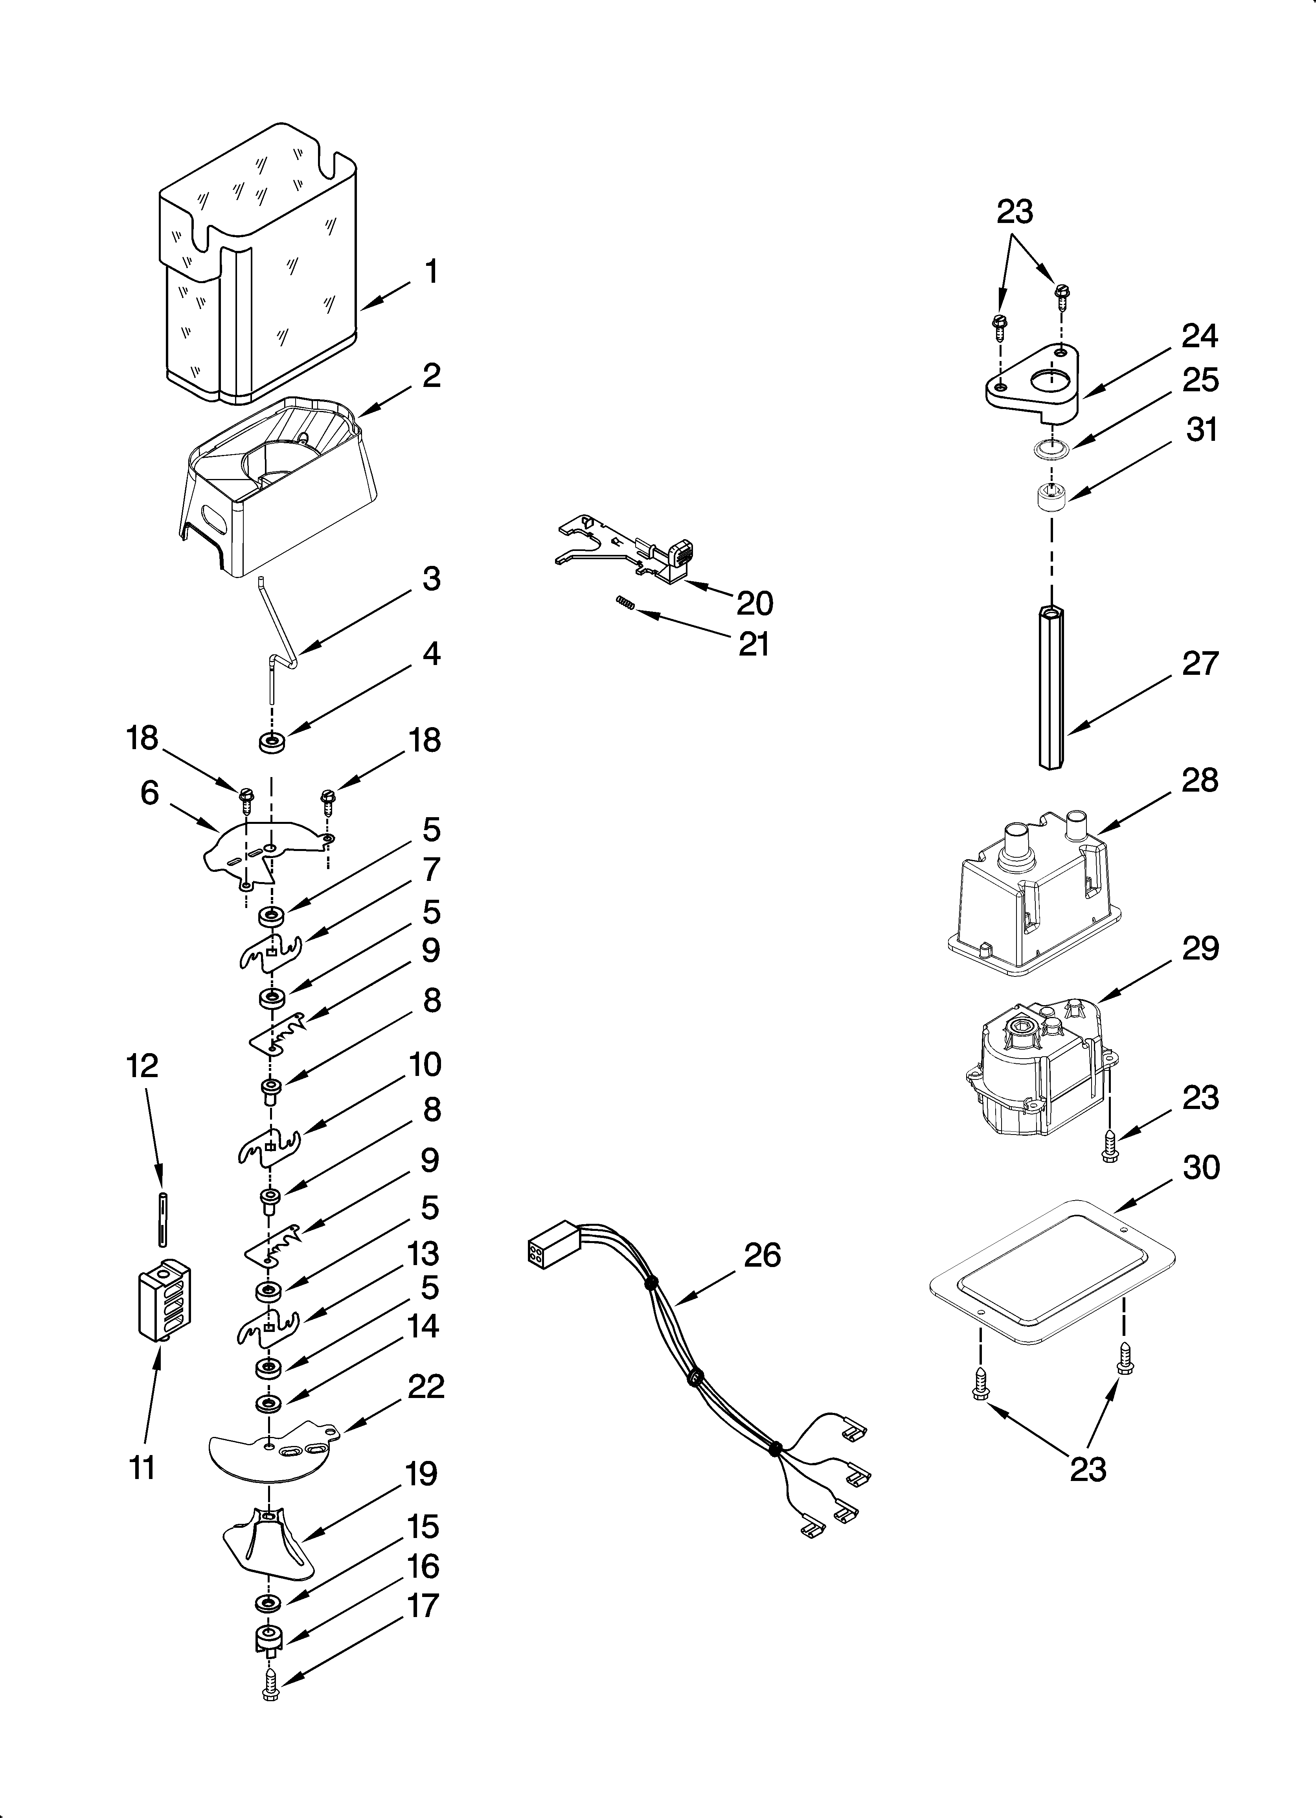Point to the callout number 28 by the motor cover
(1200, 780)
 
